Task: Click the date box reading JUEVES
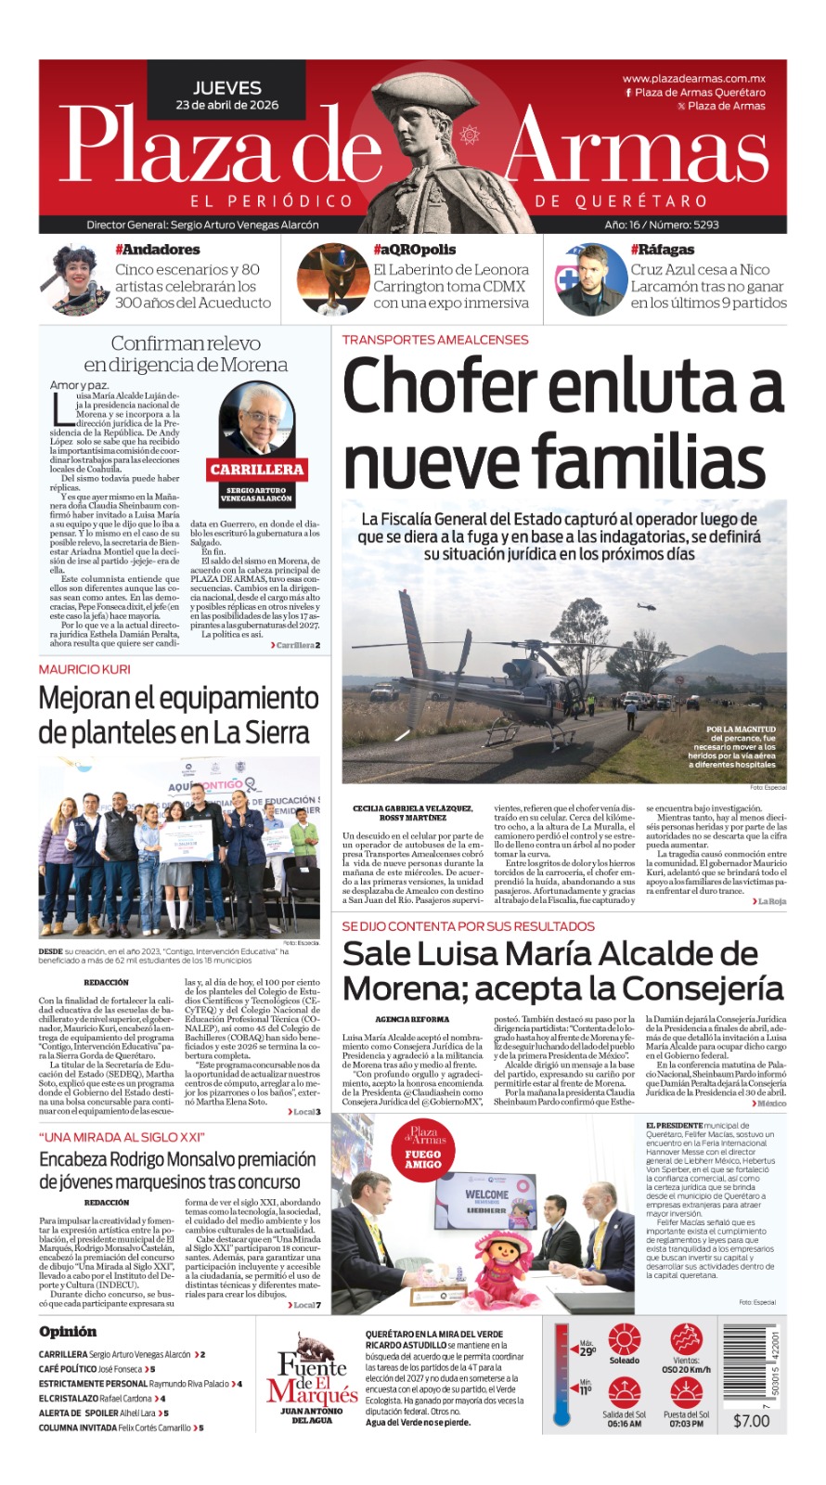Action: click(227, 95)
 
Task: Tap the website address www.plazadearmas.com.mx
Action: click(693, 79)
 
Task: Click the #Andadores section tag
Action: click(157, 250)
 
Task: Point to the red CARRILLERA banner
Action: click(256, 470)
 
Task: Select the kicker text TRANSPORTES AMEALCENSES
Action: click(435, 340)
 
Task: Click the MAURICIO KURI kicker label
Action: click(84, 669)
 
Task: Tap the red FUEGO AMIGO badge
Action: click(423, 1158)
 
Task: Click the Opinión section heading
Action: click(68, 1332)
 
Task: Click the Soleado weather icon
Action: click(624, 1340)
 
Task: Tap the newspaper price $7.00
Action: click(751, 1421)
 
